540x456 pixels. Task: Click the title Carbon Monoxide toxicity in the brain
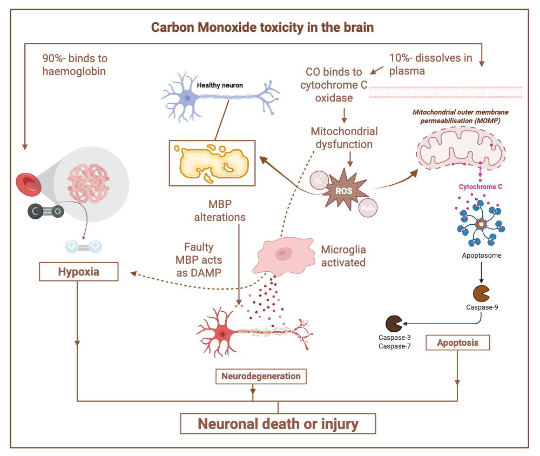(262, 27)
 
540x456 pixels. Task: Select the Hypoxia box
(79, 271)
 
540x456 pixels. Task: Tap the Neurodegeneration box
(261, 376)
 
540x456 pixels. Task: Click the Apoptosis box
(457, 343)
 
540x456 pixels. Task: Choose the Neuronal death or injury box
(278, 424)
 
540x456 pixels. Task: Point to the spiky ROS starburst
(345, 190)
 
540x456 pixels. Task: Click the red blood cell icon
(28, 184)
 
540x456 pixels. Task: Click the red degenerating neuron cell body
(222, 333)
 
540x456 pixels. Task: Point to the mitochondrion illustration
(465, 148)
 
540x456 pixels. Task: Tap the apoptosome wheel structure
(481, 223)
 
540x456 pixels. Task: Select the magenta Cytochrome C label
(481, 187)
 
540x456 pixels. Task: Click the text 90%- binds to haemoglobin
(75, 64)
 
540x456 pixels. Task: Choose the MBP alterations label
(227, 210)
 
